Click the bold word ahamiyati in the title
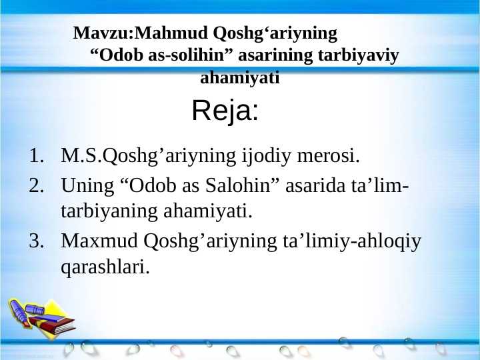(240, 78)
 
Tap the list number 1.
(36, 157)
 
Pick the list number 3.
(36, 240)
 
